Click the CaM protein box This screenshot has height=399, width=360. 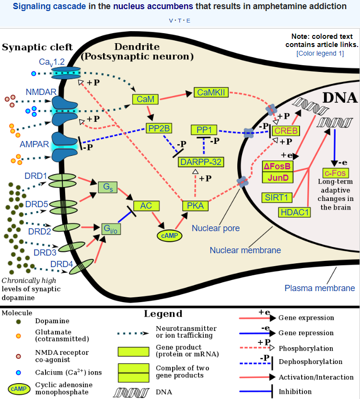point(145,99)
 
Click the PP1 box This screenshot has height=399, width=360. point(204,130)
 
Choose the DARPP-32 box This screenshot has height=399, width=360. point(201,162)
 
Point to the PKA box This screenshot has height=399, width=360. point(196,206)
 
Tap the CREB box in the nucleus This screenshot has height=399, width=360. point(286,130)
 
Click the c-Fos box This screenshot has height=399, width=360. point(336,173)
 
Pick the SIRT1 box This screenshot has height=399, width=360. point(276,197)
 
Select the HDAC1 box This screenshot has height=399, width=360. point(295,211)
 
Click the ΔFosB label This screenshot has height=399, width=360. point(278,167)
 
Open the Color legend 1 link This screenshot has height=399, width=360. point(320,53)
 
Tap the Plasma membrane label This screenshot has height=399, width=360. point(320,288)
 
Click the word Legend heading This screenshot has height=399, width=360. point(163,314)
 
